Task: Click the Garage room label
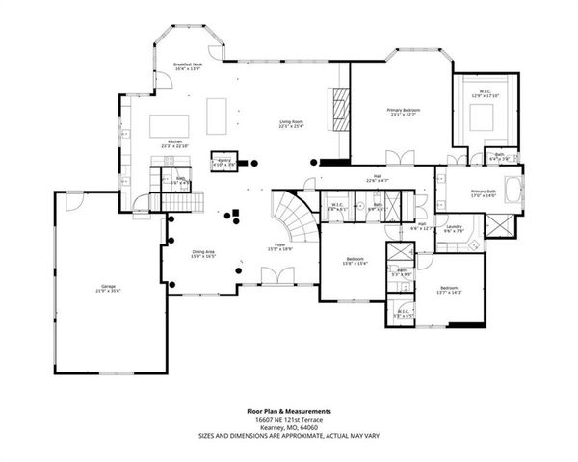click(x=108, y=288)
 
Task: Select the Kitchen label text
click(x=175, y=143)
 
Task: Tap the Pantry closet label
click(x=223, y=162)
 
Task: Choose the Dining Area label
click(x=202, y=253)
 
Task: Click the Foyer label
click(x=279, y=248)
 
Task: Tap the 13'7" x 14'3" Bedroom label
click(x=449, y=291)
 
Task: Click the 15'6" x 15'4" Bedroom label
click(x=355, y=261)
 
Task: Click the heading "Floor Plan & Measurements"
click(x=289, y=410)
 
